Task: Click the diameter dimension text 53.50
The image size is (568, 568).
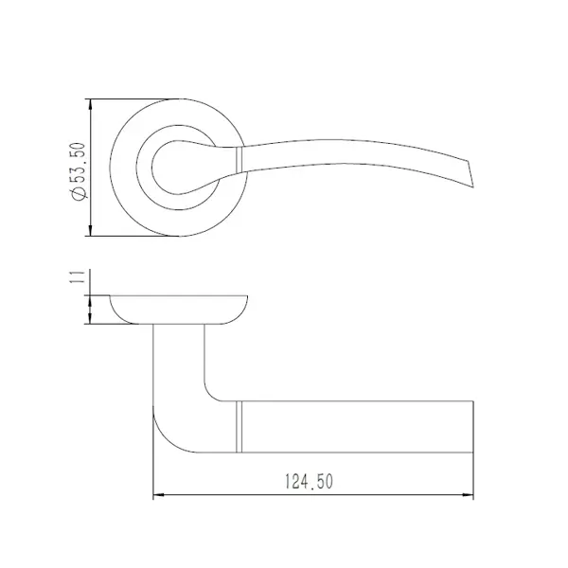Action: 79,162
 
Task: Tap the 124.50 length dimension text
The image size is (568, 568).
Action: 309,482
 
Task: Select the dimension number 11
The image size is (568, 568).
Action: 79,276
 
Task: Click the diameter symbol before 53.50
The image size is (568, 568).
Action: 79,194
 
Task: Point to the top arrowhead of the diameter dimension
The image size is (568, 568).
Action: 91,105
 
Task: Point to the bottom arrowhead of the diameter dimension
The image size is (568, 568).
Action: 91,230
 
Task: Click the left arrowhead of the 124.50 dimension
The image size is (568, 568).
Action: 159,495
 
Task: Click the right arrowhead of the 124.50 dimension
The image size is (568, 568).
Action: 468,495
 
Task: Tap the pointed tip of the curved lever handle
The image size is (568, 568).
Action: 473,187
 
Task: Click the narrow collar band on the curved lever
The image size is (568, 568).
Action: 239,159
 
